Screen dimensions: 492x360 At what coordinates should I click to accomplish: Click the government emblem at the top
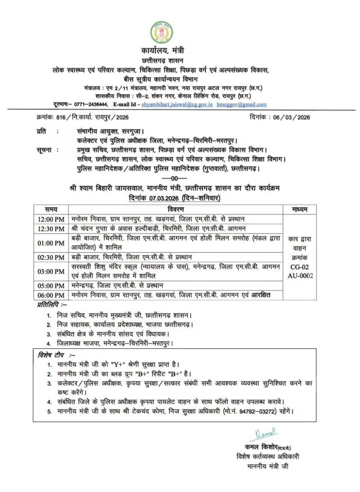tap(162, 32)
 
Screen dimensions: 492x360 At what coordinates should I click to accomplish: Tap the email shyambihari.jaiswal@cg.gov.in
tap(177, 105)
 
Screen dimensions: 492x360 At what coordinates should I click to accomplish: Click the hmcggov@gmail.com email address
tap(242, 105)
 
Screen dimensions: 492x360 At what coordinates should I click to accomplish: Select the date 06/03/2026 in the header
tap(291, 117)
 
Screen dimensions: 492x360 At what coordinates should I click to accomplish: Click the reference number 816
tap(61, 117)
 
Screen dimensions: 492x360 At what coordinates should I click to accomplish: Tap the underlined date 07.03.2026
tap(164, 198)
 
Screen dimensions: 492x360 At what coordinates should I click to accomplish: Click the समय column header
tap(51, 209)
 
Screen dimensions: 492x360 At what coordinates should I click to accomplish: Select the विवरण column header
tap(175, 209)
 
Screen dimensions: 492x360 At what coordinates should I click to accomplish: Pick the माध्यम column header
tap(299, 209)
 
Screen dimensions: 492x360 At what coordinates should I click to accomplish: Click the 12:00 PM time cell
tap(51, 219)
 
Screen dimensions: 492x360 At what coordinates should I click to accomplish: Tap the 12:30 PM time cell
tap(51, 229)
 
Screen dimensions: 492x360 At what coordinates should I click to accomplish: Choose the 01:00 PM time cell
tap(51, 243)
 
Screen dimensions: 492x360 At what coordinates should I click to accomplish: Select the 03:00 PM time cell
tap(51, 271)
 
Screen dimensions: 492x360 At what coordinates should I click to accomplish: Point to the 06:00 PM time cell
tap(51, 295)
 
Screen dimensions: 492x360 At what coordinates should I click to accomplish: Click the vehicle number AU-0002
tap(300, 276)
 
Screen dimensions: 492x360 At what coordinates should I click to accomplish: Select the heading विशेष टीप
tap(51, 355)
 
